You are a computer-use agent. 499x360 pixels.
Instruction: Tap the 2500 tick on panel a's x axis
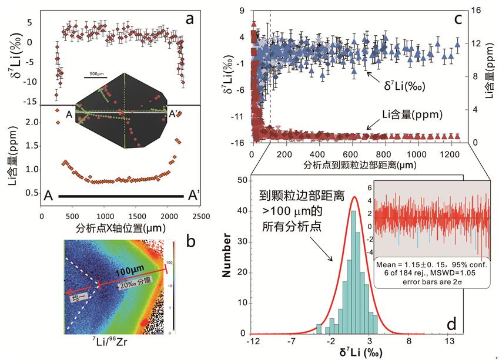(200, 216)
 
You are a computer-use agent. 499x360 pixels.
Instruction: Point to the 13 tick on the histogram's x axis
(449, 342)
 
